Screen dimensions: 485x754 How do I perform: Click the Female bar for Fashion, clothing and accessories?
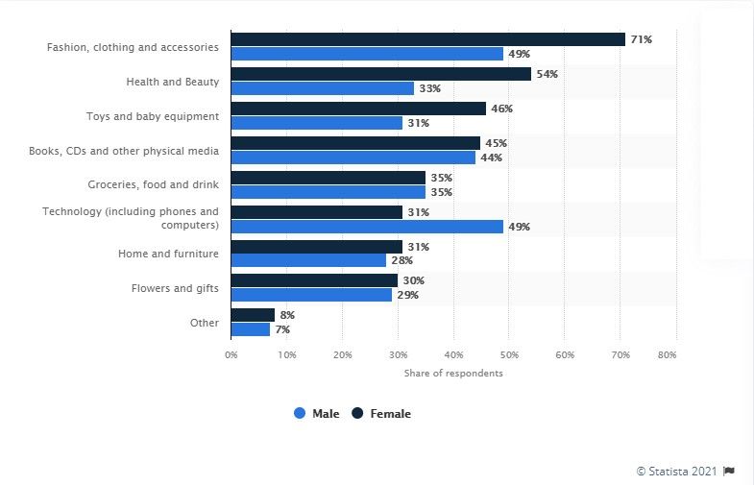(427, 39)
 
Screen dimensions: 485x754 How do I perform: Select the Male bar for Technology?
(367, 227)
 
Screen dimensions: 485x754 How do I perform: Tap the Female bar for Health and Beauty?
(380, 74)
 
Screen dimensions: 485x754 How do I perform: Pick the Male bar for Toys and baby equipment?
(317, 123)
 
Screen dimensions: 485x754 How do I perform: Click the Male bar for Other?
(251, 329)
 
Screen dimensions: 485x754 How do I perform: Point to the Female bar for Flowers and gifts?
(314, 280)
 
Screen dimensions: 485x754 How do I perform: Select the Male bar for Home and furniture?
(308, 261)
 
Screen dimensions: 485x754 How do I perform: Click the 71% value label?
(641, 39)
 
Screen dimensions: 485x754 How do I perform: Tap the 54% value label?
(547, 74)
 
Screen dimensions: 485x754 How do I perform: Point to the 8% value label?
(286, 315)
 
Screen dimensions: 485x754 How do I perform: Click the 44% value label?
(491, 158)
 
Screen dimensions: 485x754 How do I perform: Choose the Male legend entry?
(317, 414)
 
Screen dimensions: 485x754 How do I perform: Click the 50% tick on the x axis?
(509, 354)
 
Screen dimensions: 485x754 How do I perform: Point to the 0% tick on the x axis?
(231, 354)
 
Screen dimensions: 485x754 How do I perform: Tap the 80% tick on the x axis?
(675, 354)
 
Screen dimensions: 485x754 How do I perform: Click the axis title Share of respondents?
(453, 373)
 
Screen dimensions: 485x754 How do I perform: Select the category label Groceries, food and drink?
(154, 184)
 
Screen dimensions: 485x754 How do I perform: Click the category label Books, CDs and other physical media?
(134, 151)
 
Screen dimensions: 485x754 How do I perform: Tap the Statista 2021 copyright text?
(677, 471)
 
